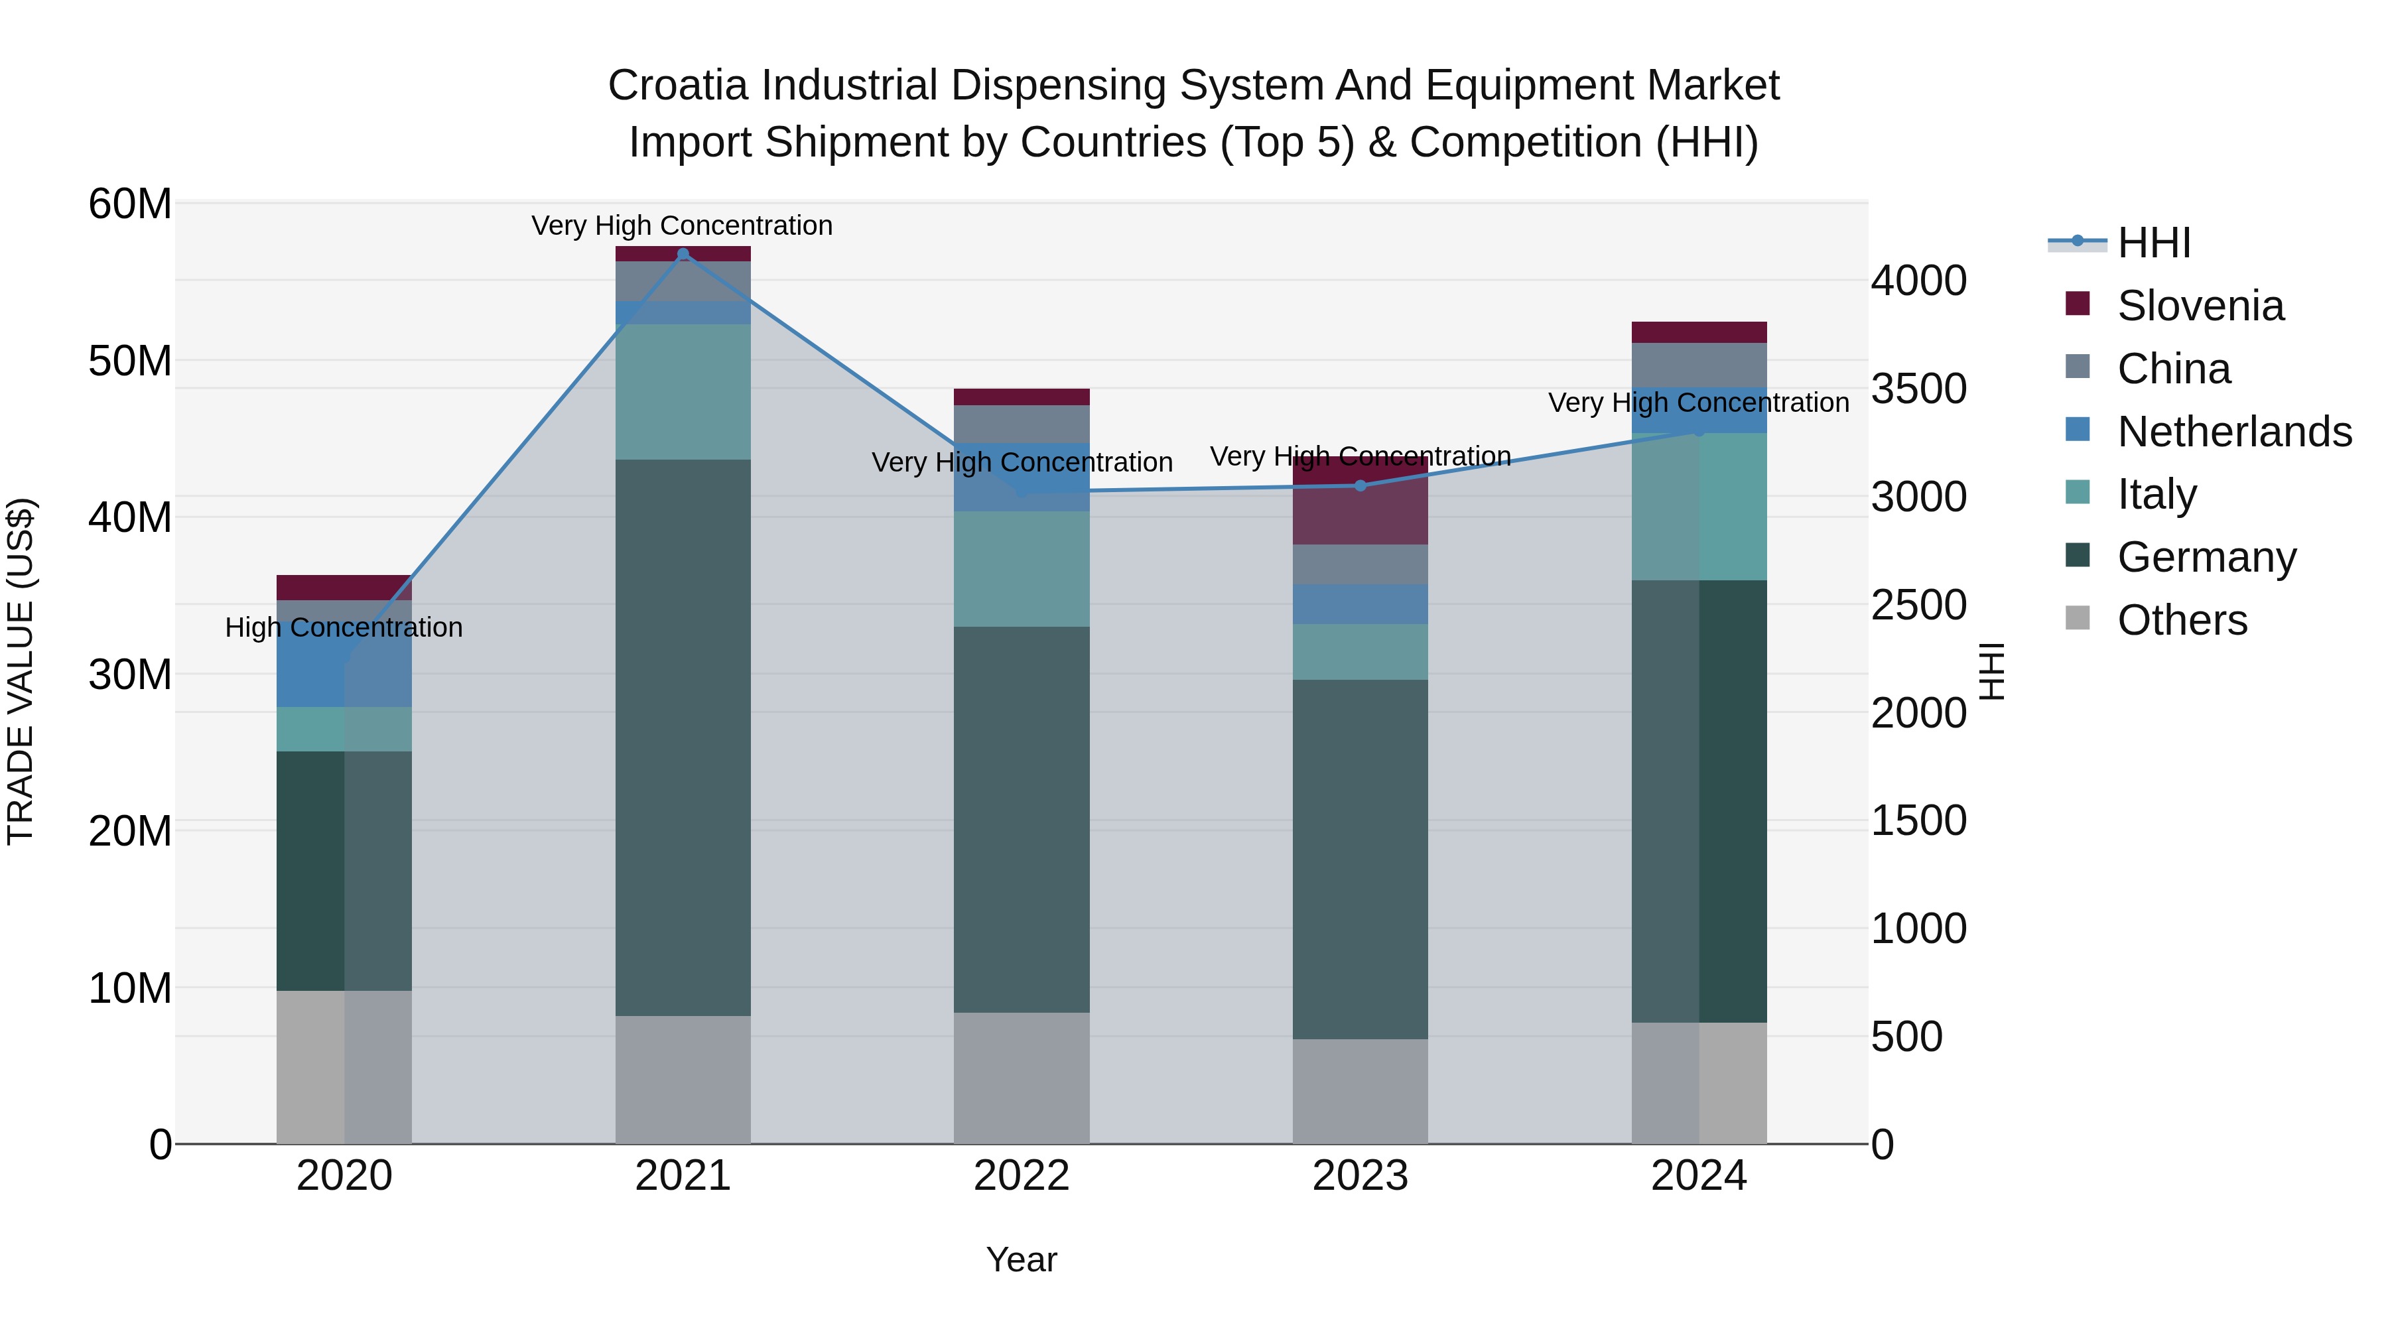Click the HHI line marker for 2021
point(683,254)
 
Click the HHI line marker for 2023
point(1360,485)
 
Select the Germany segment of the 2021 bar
point(683,737)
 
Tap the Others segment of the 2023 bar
point(1360,1091)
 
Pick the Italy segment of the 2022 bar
point(1022,568)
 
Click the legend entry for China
point(2173,369)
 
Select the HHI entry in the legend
point(2153,243)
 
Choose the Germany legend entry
point(2206,557)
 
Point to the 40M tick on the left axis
point(130,517)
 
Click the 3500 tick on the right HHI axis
point(1917,389)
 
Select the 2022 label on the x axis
point(1022,1176)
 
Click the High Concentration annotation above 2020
point(344,627)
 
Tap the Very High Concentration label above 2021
point(683,225)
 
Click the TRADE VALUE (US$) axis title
point(21,671)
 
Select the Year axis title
point(1022,1259)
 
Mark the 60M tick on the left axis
point(130,204)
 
